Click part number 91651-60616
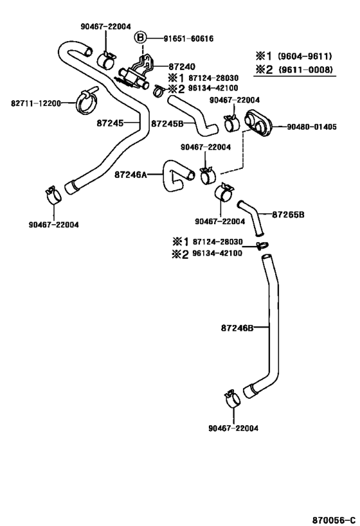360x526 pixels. tap(188, 39)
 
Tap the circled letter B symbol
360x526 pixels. tap(141, 37)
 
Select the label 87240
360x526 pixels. tap(182, 67)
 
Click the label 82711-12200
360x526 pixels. tap(36, 103)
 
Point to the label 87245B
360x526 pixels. tap(167, 124)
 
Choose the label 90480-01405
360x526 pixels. tap(312, 127)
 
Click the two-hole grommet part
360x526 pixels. tap(258, 123)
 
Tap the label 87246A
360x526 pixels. tap(130, 175)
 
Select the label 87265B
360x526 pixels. tap(288, 215)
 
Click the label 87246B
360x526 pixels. tap(237, 328)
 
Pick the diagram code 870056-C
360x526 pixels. tap(334, 520)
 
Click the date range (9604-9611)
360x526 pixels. tap(305, 56)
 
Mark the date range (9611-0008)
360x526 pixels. tap(305, 69)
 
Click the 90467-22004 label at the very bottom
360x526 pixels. tap(233, 428)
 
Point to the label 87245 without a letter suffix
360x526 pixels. tap(110, 123)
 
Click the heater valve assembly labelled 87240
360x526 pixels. tap(135, 74)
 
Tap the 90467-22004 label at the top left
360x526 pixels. tap(106, 26)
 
